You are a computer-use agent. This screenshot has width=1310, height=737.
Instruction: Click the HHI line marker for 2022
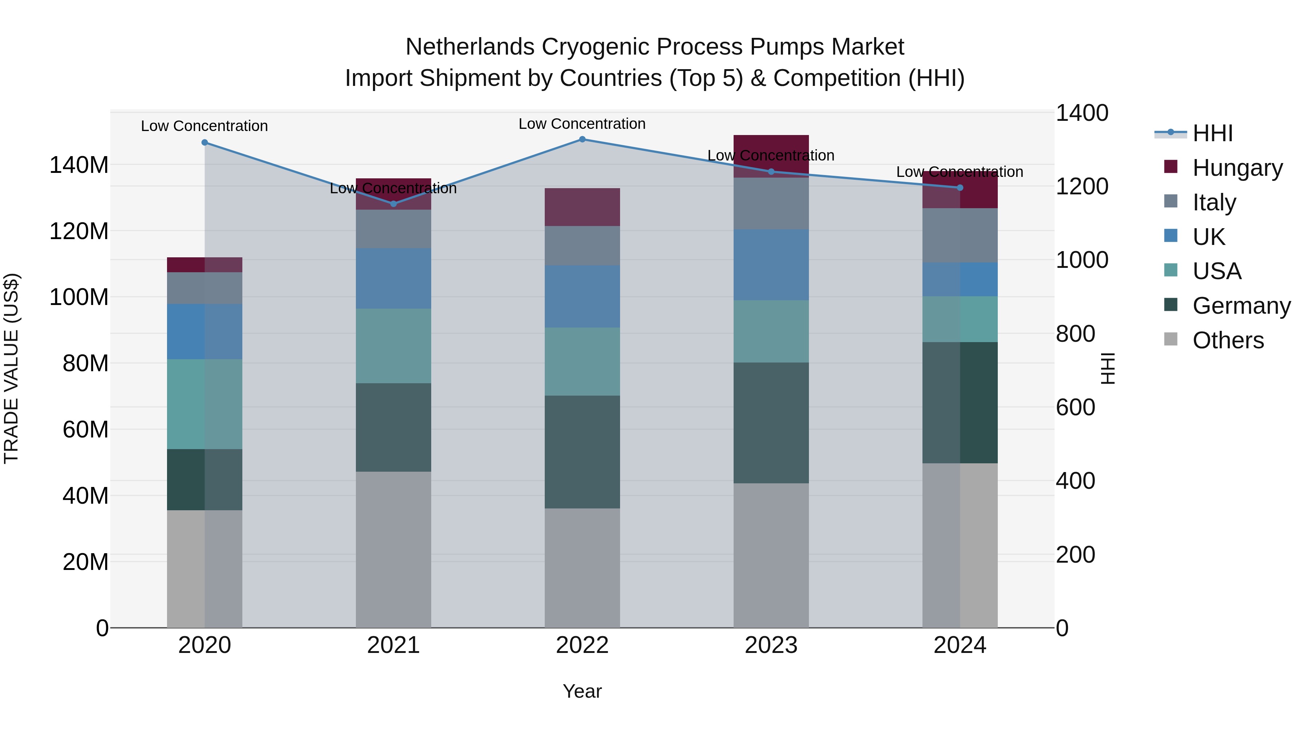click(582, 139)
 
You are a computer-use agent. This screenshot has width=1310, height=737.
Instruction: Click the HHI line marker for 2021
click(393, 204)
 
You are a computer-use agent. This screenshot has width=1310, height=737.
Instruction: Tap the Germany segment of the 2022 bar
click(582, 452)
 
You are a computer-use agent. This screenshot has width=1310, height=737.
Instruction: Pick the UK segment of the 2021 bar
click(393, 278)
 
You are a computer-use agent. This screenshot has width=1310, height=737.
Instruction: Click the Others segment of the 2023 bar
click(771, 555)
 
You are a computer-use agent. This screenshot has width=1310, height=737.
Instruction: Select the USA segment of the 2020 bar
click(205, 404)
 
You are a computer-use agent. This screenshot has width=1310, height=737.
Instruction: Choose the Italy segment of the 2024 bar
click(960, 235)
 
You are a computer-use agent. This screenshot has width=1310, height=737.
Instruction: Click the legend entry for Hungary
click(1237, 168)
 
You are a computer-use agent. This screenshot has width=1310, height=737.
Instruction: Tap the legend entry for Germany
click(1241, 306)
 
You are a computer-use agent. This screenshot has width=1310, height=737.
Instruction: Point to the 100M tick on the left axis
click(79, 297)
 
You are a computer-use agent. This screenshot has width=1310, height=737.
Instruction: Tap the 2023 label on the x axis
click(771, 645)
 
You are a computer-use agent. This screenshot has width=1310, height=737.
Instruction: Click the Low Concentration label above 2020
click(205, 126)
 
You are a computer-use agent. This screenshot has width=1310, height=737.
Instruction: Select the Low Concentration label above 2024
click(960, 172)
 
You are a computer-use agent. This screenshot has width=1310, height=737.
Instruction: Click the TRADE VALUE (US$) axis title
click(11, 368)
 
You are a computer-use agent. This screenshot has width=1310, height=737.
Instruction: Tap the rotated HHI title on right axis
click(1107, 368)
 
